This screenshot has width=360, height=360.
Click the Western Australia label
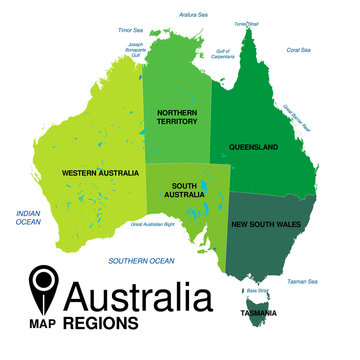(x=99, y=173)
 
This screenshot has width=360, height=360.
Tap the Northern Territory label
(x=177, y=117)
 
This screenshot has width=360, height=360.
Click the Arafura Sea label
(x=193, y=15)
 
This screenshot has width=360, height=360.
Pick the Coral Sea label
(x=298, y=49)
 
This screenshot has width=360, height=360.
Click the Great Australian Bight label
(x=159, y=225)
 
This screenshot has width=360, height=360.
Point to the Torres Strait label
(x=245, y=23)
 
